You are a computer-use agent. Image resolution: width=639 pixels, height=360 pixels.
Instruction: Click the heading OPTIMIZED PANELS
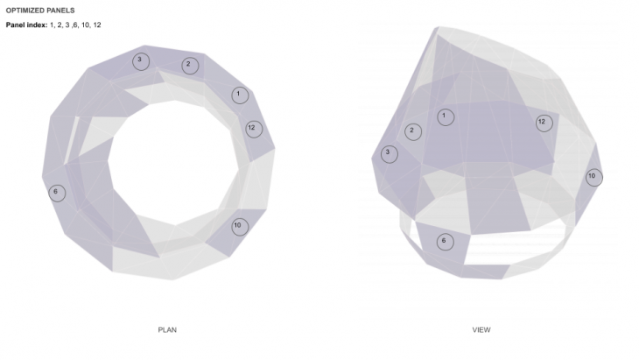point(40,11)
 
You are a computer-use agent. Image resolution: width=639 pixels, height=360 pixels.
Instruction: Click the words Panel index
point(26,25)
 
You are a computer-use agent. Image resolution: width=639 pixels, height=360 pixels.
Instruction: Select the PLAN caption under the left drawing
point(167,330)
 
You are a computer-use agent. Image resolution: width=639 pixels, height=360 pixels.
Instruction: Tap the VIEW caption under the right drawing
point(481,330)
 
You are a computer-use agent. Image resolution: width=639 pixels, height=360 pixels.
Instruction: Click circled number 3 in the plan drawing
point(141,61)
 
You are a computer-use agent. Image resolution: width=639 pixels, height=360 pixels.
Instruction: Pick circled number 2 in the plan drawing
point(190,66)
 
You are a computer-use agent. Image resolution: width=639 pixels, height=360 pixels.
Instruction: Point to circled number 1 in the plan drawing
point(240,95)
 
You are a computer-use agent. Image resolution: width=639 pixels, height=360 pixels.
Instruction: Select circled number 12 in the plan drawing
point(254,130)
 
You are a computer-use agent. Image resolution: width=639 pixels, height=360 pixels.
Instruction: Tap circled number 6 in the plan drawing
point(57,193)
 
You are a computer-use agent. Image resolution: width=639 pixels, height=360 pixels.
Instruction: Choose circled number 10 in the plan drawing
point(240,227)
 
